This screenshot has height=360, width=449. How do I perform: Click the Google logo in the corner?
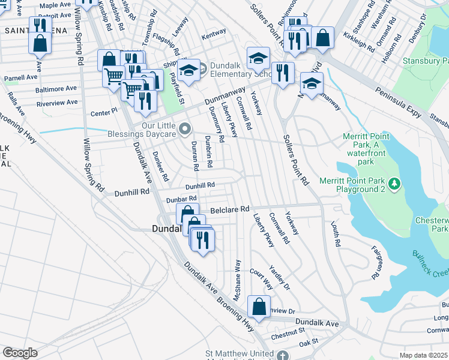pos(20,353)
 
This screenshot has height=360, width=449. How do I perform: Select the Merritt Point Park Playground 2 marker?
pos(394,182)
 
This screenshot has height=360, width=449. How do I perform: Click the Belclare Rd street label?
pos(229,209)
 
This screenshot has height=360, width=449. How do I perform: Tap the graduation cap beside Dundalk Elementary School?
pos(188,70)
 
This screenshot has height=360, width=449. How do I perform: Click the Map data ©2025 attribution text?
pos(424,355)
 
